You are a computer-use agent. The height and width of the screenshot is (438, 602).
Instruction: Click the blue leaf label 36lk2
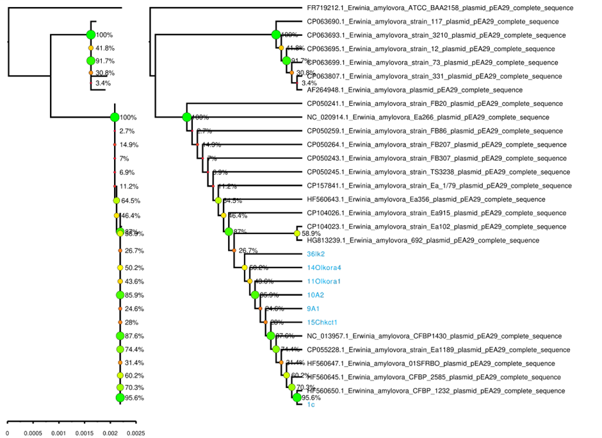pos(316,254)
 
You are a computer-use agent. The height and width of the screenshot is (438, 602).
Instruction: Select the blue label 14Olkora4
pos(324,267)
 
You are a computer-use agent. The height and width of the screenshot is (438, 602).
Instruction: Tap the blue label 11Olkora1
pos(324,282)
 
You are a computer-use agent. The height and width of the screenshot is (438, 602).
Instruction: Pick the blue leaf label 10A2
pos(316,295)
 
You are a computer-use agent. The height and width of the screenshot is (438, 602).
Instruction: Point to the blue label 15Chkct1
pos(322,322)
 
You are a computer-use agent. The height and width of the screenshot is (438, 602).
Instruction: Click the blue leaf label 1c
pos(311,405)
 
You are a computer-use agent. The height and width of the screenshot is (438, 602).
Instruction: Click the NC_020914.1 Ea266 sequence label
pos(428,117)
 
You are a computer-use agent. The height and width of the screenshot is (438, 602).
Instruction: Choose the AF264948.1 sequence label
pos(414,90)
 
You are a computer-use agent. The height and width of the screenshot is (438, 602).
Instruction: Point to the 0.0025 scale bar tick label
pos(135,433)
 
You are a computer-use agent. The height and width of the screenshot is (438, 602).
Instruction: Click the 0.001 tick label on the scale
pos(59,433)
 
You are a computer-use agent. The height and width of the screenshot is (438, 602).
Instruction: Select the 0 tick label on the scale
pos(7,433)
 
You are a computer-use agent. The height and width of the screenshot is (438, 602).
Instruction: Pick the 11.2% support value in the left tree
pos(130,187)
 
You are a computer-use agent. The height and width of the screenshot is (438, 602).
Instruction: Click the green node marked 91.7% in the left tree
pos(90,61)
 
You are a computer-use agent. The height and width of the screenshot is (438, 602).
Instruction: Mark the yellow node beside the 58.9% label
pos(297,234)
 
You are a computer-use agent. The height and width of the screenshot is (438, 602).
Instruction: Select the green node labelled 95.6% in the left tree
pos(120,398)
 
